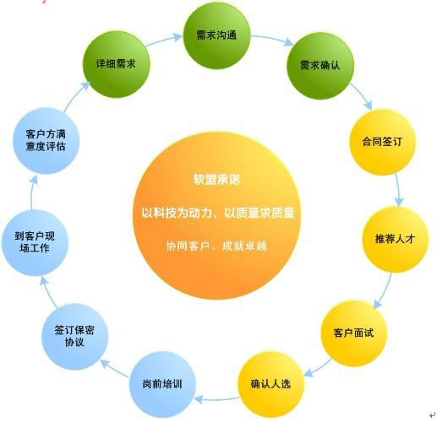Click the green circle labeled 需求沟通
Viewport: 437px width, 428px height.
coord(216,35)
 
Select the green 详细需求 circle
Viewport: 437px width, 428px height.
coord(116,64)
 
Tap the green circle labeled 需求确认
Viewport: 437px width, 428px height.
coord(320,66)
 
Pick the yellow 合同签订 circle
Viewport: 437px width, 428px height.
coord(383,142)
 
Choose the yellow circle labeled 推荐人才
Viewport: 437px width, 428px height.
coord(395,239)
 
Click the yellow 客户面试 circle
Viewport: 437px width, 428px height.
coord(354,333)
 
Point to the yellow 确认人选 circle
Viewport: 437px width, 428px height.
coord(271,384)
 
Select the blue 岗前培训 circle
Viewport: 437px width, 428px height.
coord(162,384)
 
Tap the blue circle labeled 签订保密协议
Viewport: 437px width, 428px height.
coord(75,337)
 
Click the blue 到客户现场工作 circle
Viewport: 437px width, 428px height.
coord(35,242)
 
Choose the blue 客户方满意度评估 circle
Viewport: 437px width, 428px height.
coord(46,140)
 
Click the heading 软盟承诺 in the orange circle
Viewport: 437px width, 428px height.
coord(217,180)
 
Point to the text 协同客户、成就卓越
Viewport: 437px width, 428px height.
coord(216,246)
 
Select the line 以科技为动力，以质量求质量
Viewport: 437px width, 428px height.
coord(218,213)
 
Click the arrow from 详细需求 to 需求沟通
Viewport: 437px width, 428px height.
coord(163,40)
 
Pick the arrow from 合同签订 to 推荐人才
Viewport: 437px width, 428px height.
coord(398,190)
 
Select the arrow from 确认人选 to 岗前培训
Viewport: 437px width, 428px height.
coord(216,398)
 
